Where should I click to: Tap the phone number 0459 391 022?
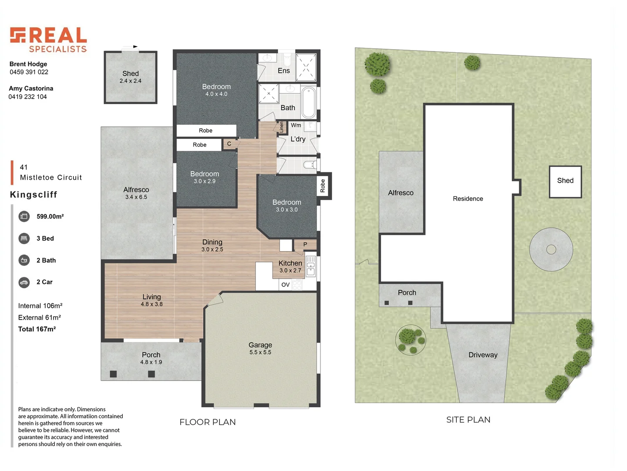(29, 72)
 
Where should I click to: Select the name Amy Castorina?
(31, 89)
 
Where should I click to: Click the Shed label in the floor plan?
(131, 74)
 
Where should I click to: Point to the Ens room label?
(283, 71)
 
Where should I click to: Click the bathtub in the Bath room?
(309, 102)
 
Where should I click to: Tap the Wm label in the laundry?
(296, 125)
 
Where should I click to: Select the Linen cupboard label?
(282, 127)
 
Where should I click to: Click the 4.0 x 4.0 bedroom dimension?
(216, 94)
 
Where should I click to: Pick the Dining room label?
(212, 242)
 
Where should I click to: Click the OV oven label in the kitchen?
(286, 285)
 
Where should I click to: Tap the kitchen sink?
(310, 266)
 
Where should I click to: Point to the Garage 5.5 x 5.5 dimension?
(260, 352)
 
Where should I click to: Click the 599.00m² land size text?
(50, 216)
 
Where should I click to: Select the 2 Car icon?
(24, 282)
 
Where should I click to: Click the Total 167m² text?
(37, 329)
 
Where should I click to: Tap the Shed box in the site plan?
(565, 181)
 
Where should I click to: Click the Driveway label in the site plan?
(483, 355)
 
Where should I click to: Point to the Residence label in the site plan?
(468, 199)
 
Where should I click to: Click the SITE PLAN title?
(468, 420)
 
